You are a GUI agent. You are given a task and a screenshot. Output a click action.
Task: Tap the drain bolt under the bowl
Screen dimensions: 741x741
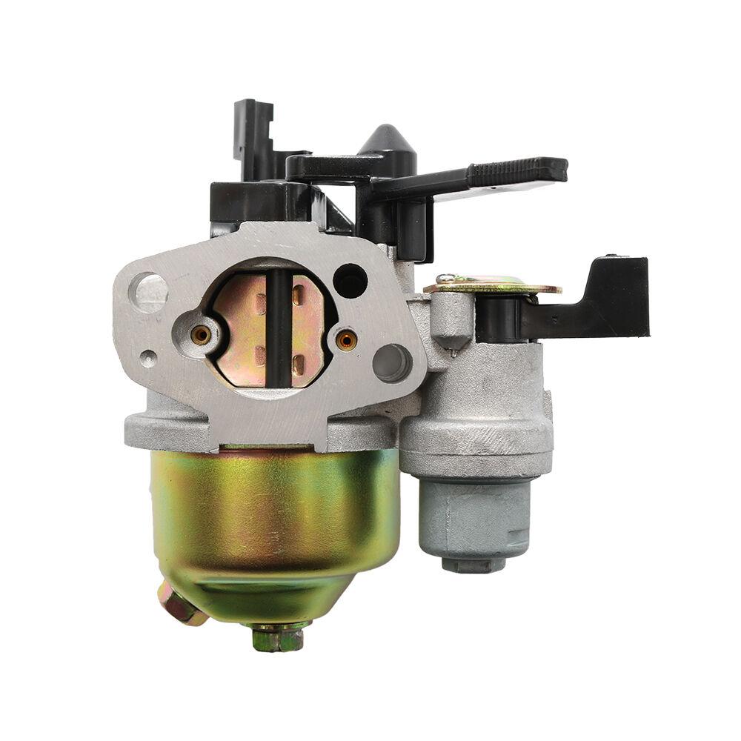(277, 637)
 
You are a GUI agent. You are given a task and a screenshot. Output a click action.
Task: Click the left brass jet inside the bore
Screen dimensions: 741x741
(200, 335)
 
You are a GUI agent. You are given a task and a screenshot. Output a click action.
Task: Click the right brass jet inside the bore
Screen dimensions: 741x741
(345, 340)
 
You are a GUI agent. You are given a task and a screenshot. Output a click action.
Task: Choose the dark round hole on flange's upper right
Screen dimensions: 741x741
(350, 281)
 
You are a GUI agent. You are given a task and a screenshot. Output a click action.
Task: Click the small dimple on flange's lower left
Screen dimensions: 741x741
(149, 359)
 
